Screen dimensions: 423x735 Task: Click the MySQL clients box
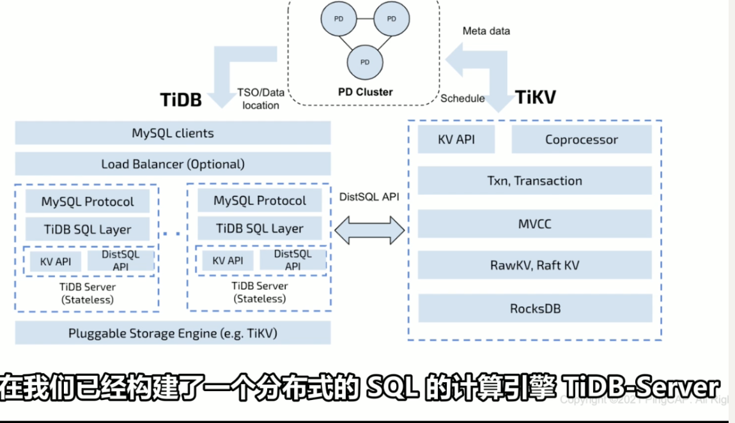click(x=173, y=134)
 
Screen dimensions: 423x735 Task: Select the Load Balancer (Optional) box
click(x=173, y=164)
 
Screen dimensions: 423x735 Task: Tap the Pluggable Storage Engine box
click(x=173, y=333)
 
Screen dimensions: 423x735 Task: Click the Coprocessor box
click(x=581, y=139)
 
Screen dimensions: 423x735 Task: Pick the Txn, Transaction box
click(x=534, y=181)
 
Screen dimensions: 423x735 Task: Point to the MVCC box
click(x=534, y=224)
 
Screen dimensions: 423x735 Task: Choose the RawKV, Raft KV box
click(x=534, y=265)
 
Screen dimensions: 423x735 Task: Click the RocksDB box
click(x=534, y=308)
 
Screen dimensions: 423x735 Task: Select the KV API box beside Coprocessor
click(x=456, y=139)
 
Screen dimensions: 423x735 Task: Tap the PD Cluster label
click(x=365, y=92)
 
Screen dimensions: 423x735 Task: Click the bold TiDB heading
click(x=180, y=99)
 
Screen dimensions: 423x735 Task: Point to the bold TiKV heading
click(x=535, y=97)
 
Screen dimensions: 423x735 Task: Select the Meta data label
click(x=486, y=31)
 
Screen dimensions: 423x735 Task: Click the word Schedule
click(x=462, y=98)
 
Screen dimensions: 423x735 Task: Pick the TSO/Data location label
click(x=260, y=98)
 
